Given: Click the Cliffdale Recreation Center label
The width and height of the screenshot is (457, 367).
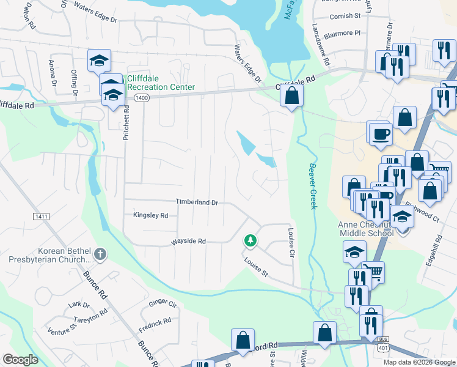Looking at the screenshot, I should [x=161, y=83].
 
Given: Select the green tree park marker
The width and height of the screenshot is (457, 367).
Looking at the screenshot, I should [x=249, y=241].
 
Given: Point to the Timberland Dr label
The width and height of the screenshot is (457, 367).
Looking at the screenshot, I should [x=197, y=202].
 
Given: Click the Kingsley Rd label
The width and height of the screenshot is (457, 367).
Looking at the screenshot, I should [x=150, y=215].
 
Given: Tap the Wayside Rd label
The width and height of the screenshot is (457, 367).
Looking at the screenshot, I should [x=188, y=241].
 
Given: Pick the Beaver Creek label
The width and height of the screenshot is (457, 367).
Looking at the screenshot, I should [x=312, y=186].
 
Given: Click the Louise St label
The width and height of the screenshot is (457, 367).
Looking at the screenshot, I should [x=257, y=265].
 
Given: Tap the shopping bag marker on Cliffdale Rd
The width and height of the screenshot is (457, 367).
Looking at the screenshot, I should [x=292, y=95].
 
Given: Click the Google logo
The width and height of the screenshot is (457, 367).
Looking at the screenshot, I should [x=20, y=360].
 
